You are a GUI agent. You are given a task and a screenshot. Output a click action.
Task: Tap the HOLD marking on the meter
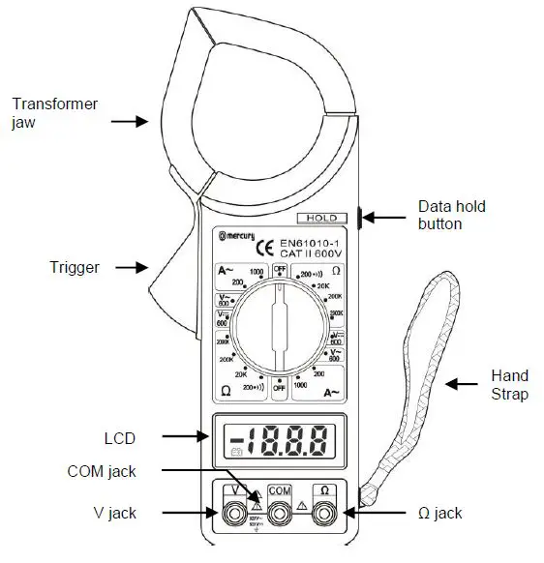[321, 219]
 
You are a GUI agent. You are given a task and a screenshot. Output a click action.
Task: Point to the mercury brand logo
[233, 234]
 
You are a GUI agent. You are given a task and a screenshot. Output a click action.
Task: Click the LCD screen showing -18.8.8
[280, 443]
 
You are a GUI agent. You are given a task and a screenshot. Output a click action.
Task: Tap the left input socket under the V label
[232, 515]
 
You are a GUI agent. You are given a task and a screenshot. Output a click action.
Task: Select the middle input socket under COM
[280, 515]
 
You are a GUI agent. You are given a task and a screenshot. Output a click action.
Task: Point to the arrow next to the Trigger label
[128, 266]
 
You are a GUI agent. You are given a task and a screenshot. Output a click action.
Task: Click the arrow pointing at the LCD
[184, 437]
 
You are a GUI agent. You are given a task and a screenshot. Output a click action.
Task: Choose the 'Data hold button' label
[452, 215]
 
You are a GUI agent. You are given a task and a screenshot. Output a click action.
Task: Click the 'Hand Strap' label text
[510, 384]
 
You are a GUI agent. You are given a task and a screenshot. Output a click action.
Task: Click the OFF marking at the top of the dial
[280, 269]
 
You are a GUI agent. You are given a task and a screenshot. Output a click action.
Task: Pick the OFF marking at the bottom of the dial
[280, 388]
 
